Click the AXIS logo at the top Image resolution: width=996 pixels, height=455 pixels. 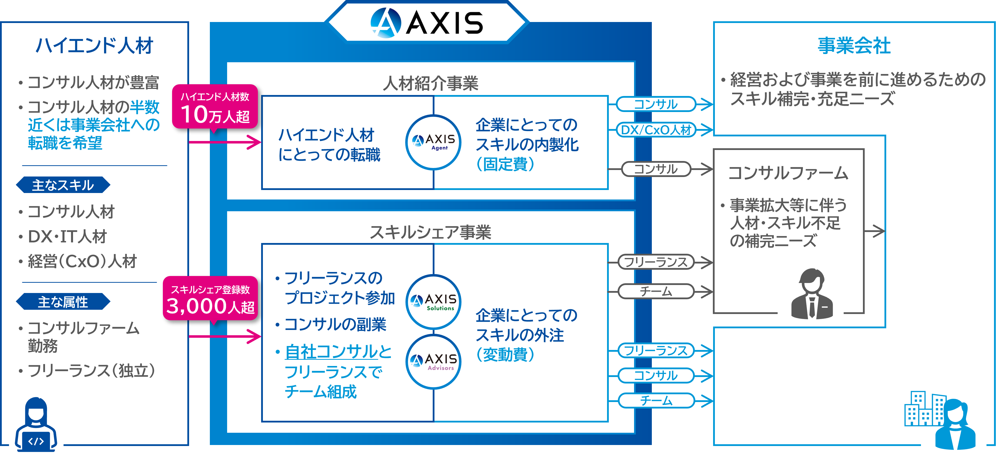(x=427, y=22)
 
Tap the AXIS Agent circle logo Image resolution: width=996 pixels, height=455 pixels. (x=433, y=142)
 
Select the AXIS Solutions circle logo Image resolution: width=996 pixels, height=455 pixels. (x=433, y=302)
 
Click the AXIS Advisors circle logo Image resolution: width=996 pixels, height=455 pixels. (x=433, y=361)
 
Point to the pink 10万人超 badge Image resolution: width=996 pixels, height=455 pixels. (x=215, y=107)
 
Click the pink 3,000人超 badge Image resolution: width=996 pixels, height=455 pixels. (x=210, y=299)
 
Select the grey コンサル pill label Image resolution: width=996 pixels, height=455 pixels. (x=656, y=169)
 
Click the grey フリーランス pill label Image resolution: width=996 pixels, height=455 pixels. (x=656, y=262)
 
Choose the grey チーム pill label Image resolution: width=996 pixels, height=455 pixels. (x=656, y=291)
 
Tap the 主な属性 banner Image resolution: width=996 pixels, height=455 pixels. (x=63, y=301)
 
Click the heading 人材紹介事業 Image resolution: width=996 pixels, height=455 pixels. (x=431, y=83)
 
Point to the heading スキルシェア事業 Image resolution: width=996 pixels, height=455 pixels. (x=431, y=232)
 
